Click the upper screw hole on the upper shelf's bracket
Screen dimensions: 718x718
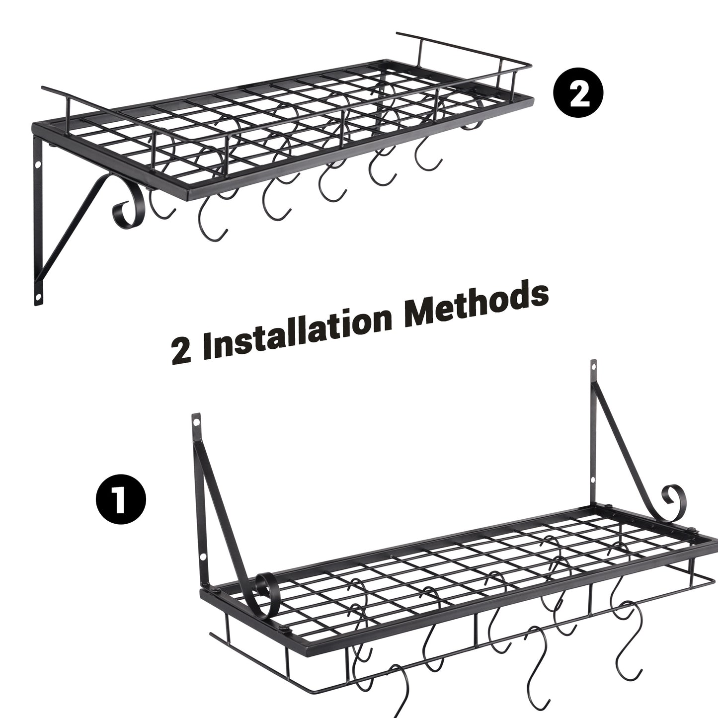[38, 164]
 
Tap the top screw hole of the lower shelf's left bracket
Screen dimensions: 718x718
[197, 423]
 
